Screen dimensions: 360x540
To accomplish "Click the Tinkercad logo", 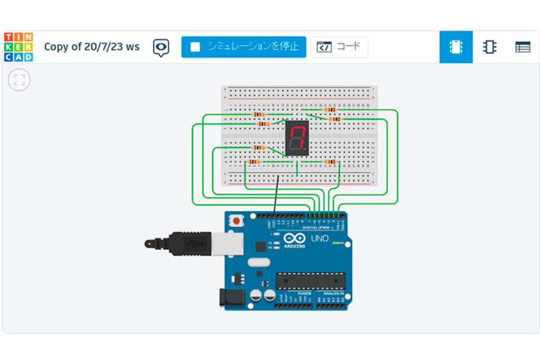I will tap(18, 47).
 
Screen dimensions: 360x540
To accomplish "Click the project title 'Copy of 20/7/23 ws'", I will tap(91, 47).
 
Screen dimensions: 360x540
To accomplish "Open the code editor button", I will tap(339, 47).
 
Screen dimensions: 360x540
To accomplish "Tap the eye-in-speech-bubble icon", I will tap(161, 47).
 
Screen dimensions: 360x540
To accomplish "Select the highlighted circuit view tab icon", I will tap(456, 47).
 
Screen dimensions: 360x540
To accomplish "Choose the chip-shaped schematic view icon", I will tap(489, 47).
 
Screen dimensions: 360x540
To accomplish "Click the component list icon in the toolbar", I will tap(523, 47).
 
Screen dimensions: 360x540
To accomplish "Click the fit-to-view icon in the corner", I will tap(19, 80).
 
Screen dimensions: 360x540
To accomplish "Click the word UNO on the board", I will tap(319, 239).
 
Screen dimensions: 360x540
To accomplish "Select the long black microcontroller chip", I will tap(310, 281).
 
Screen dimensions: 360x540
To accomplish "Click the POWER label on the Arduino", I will tap(305, 294).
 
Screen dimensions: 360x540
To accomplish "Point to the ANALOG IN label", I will tap(333, 294).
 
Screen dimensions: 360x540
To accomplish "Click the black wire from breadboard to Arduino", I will tap(276, 193).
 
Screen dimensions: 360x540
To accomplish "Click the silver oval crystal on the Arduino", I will tap(256, 262).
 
